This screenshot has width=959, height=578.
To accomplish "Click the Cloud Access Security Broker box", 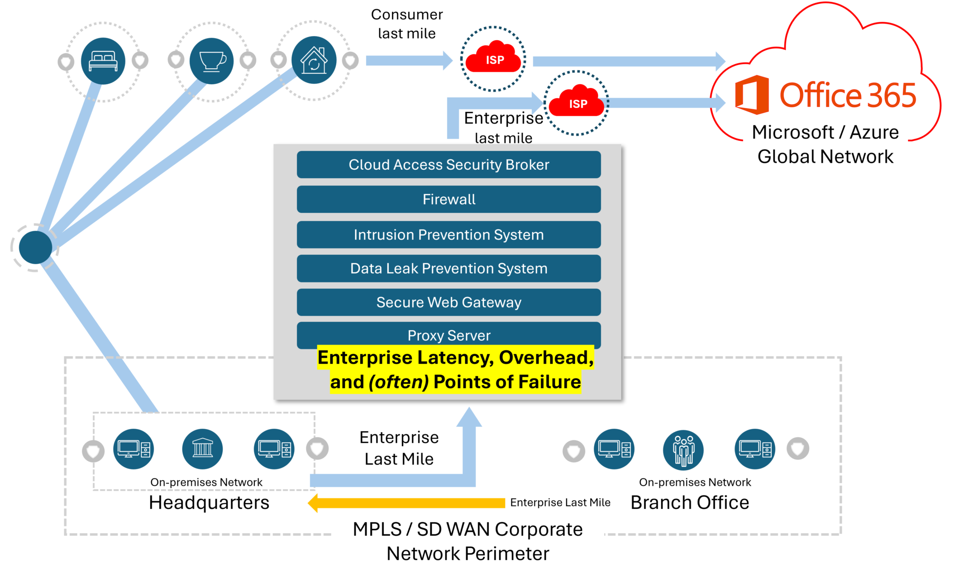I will click(x=449, y=165).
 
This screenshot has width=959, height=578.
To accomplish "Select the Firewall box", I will click(x=449, y=199).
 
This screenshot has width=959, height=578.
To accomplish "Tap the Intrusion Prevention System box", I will click(x=449, y=234).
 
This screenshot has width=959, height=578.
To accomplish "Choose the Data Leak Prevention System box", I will click(x=449, y=268).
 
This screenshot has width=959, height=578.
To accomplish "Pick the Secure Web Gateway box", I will click(x=449, y=302).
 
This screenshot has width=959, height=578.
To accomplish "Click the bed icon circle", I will click(x=103, y=61).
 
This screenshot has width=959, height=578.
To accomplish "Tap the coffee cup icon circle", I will click(x=212, y=61).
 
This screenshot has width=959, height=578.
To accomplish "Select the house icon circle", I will click(x=314, y=60).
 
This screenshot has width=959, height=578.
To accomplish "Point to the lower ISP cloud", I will click(x=577, y=102).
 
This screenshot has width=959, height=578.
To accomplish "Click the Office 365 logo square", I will click(x=752, y=94).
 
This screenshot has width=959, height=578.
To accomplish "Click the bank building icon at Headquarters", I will click(x=202, y=449).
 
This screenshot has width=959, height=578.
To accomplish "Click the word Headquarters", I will click(x=209, y=503).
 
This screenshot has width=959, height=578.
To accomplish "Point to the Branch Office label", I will click(x=689, y=503).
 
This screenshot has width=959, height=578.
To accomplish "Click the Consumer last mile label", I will click(x=406, y=24).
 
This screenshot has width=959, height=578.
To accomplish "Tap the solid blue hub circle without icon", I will click(x=36, y=247).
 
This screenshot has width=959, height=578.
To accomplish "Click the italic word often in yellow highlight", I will click(x=398, y=382).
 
